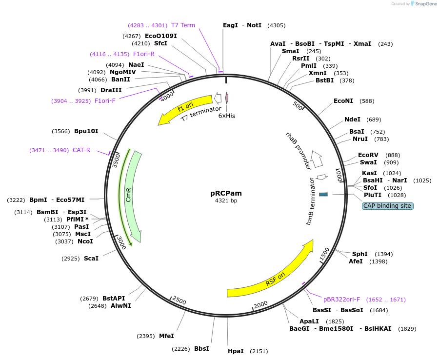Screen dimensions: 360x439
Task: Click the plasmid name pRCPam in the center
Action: (x=226, y=193)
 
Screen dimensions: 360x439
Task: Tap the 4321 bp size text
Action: (x=226, y=200)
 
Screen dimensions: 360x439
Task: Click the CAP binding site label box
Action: (x=388, y=206)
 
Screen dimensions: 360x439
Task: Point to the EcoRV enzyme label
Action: (x=368, y=155)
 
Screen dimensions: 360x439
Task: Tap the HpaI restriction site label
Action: (x=236, y=351)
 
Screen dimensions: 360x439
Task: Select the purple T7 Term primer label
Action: (x=183, y=25)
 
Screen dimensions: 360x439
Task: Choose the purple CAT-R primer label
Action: (x=81, y=150)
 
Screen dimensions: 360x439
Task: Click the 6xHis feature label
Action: (x=227, y=116)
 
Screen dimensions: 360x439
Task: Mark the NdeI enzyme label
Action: (x=352, y=120)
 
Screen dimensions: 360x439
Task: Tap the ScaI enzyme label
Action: (x=91, y=259)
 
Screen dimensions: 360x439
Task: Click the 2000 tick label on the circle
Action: (x=261, y=304)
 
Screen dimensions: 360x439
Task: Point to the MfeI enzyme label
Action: (x=166, y=336)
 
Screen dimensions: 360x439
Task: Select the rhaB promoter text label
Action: (x=298, y=150)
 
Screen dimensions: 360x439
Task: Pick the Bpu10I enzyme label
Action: (x=86, y=131)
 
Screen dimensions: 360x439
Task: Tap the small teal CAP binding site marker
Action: (x=323, y=195)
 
